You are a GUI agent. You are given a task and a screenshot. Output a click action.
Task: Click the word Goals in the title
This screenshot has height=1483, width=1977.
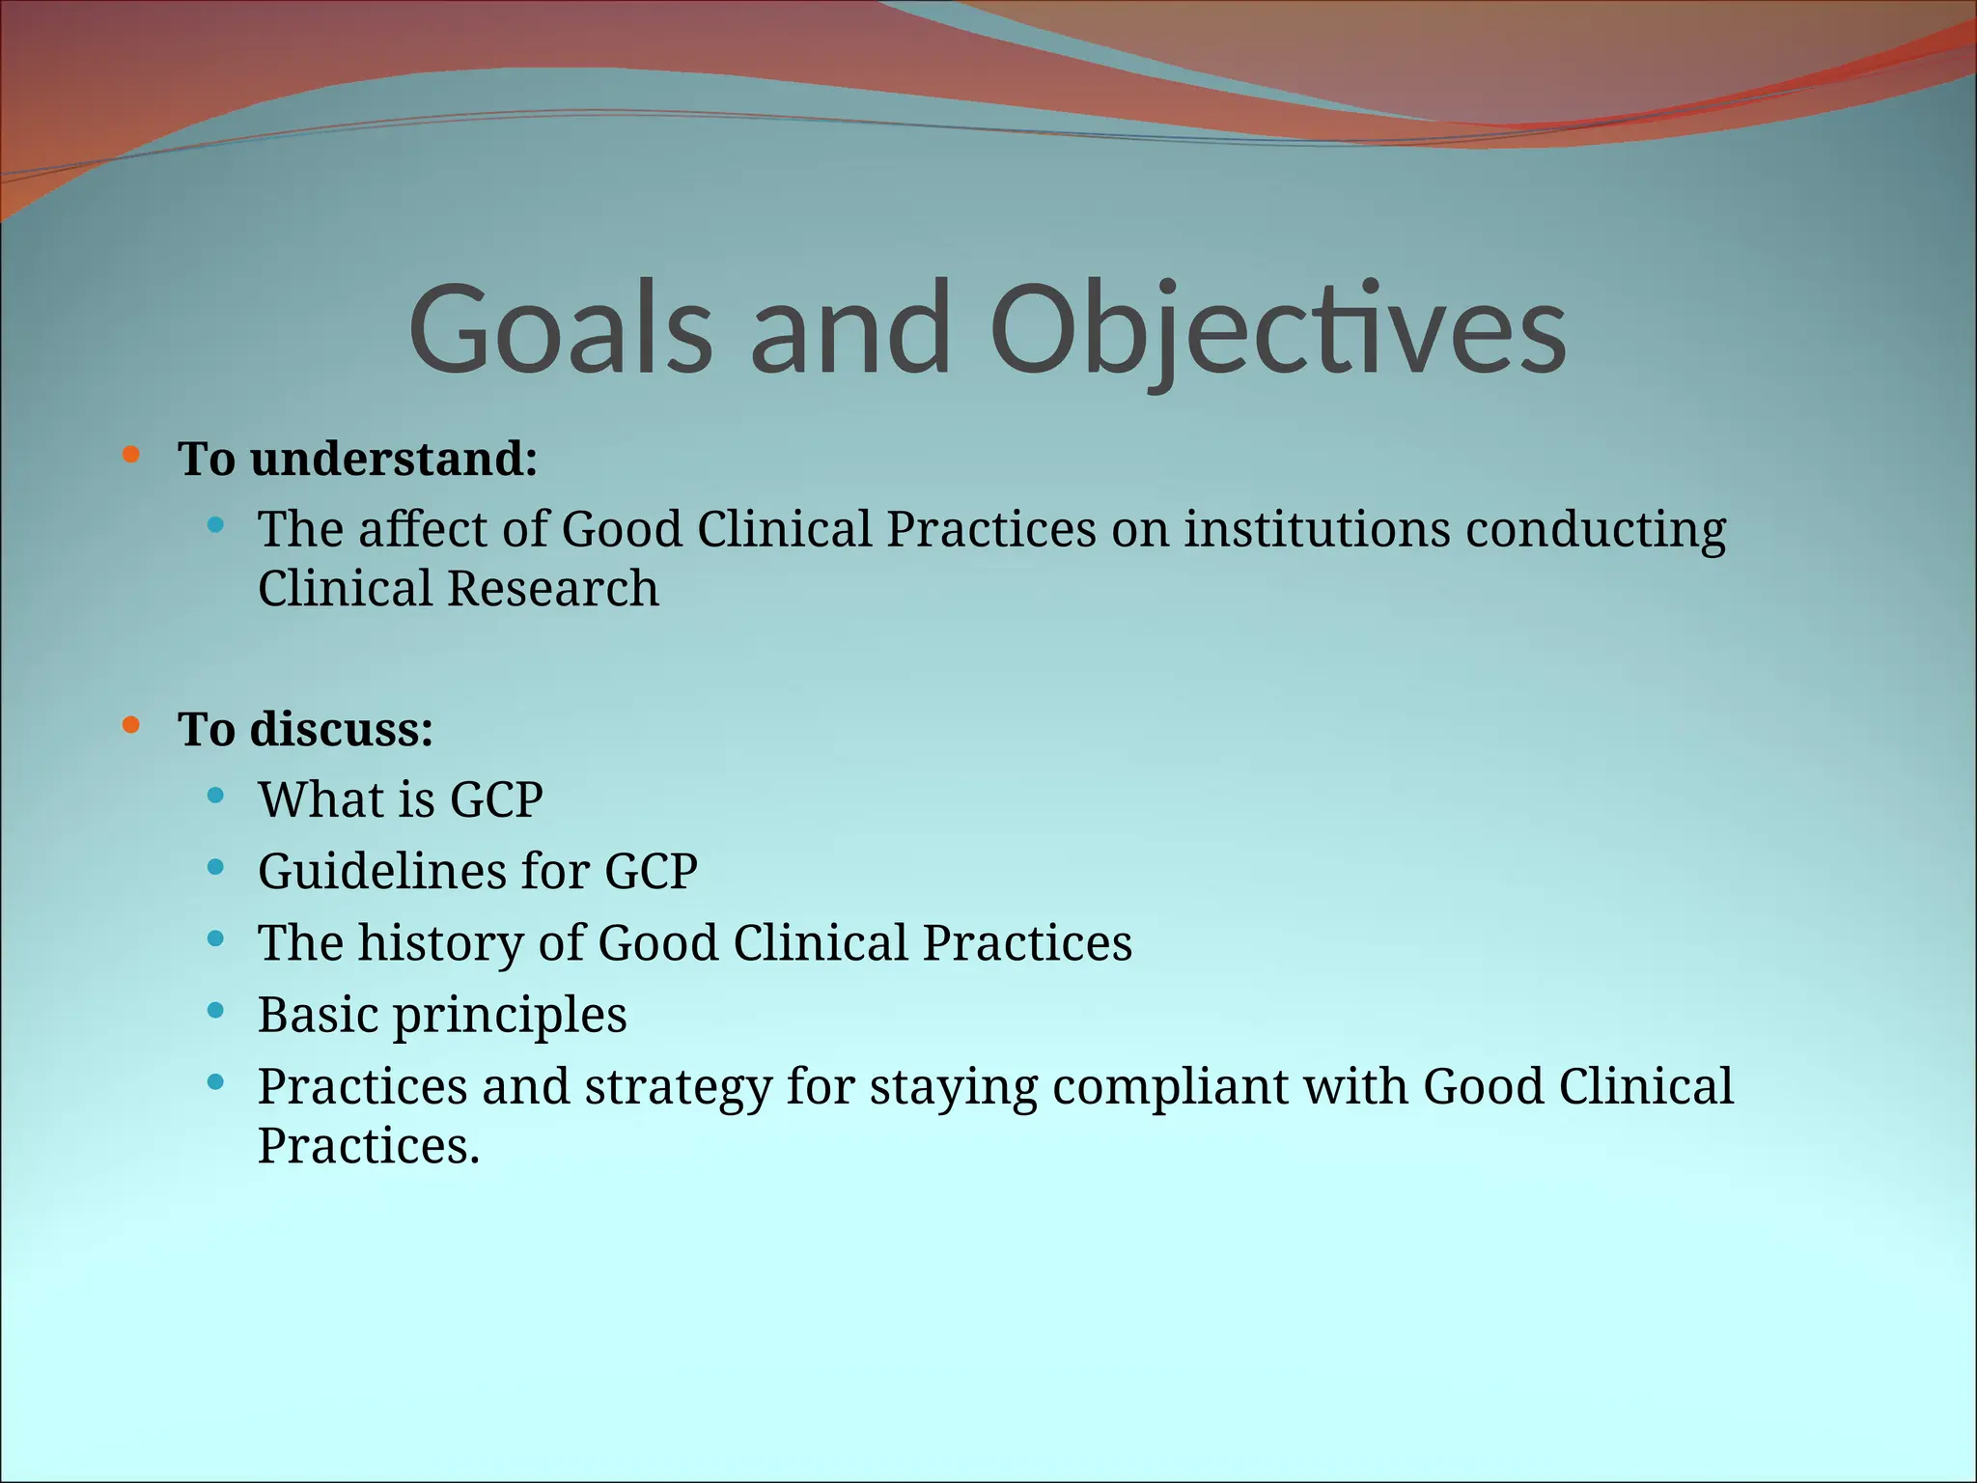560,328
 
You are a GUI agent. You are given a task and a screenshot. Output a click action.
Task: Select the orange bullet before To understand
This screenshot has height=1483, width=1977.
131,454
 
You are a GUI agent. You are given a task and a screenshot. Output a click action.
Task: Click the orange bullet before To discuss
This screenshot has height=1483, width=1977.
131,724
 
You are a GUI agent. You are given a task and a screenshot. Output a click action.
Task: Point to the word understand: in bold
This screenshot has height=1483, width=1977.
393,459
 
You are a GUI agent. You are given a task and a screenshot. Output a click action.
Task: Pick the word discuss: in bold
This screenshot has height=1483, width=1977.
341,729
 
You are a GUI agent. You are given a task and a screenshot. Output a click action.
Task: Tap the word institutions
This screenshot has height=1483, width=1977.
1317,529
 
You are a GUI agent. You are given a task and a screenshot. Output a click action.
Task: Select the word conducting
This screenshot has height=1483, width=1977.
1596,529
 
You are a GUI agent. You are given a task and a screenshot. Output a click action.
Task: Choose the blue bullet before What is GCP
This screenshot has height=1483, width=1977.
215,796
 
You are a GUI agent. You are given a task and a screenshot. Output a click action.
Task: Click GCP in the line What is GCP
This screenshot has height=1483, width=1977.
496,800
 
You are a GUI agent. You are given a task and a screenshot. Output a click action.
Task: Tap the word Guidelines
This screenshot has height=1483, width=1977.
381,872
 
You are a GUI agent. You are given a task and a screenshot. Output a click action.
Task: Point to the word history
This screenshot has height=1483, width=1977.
440,943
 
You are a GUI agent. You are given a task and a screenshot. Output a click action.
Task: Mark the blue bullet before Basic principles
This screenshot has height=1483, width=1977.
215,1011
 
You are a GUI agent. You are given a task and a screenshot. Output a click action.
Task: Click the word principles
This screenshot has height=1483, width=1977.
510,1016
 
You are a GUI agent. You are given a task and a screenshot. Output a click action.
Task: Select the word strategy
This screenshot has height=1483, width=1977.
678,1087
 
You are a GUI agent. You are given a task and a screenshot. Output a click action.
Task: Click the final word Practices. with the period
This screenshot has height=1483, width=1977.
368,1147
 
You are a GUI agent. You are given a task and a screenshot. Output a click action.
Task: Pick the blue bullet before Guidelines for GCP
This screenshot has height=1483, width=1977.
215,867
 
